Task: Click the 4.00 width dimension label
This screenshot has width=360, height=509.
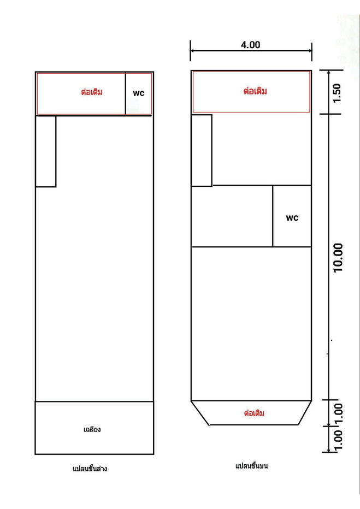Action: [250, 45]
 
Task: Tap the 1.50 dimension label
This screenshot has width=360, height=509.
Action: [337, 93]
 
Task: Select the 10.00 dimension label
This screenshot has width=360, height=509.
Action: [338, 257]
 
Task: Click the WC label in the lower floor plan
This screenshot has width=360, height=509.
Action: [139, 93]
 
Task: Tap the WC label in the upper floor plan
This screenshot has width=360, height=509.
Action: [292, 218]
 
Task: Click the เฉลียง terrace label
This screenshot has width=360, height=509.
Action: [92, 429]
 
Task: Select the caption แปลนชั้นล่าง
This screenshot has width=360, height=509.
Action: [90, 469]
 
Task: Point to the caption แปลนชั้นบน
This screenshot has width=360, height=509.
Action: [252, 466]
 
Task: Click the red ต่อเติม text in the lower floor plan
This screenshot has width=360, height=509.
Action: [92, 92]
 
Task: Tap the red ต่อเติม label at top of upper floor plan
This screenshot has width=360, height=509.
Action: [255, 91]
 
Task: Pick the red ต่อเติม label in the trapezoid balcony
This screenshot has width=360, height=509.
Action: [254, 413]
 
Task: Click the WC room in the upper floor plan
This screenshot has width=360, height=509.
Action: [292, 216]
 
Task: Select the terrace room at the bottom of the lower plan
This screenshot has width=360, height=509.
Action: [95, 428]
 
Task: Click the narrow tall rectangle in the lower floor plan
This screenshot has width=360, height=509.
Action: [46, 151]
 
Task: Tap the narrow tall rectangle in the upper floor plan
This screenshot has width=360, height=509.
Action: [202, 150]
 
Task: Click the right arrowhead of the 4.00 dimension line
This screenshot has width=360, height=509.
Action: [309, 51]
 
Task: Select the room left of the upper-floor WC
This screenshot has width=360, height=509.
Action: [232, 216]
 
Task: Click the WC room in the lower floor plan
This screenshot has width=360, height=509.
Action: [139, 93]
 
